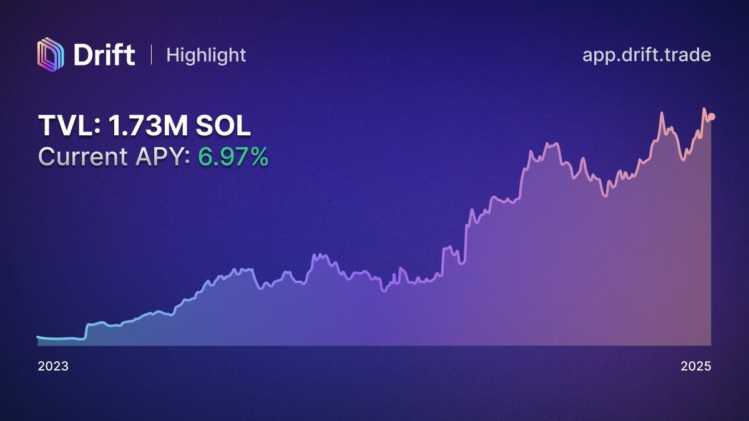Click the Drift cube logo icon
(x=50, y=55)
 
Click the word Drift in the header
(x=104, y=55)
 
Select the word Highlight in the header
(x=206, y=56)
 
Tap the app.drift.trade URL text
(x=647, y=56)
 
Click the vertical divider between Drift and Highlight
(x=152, y=55)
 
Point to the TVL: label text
(x=69, y=125)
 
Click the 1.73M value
(x=148, y=125)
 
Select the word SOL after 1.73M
(x=223, y=125)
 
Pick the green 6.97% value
(x=233, y=157)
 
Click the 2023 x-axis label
(x=53, y=366)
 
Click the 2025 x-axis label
(x=696, y=366)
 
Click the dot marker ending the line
(x=711, y=117)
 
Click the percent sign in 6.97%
(x=257, y=157)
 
